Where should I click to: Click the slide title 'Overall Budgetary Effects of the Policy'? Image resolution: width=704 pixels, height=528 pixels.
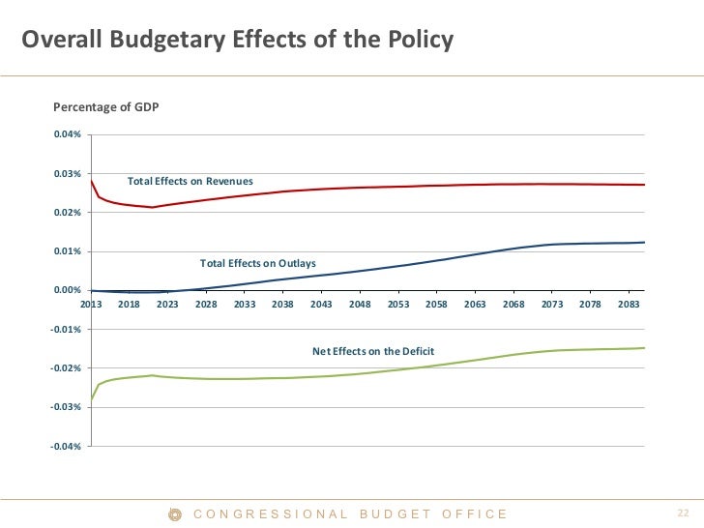(x=238, y=41)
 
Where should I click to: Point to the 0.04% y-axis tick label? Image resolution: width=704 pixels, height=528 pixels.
(x=68, y=134)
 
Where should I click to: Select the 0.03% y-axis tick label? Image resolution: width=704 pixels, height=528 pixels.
(x=68, y=174)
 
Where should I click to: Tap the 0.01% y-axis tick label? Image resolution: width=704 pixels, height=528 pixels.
(x=68, y=251)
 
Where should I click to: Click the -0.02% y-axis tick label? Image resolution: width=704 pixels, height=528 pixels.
(x=67, y=368)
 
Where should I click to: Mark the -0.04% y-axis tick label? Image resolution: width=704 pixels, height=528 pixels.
(x=67, y=446)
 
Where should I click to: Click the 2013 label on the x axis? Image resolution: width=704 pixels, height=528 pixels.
(x=91, y=304)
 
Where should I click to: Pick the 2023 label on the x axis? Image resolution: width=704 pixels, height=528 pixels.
(x=167, y=304)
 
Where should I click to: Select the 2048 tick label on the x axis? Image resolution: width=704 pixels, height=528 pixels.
(x=360, y=304)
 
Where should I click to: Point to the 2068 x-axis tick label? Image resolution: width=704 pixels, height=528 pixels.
(x=513, y=304)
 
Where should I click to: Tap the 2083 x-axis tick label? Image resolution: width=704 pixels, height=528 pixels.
(x=629, y=304)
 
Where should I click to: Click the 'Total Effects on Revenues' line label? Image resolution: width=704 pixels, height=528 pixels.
(x=191, y=181)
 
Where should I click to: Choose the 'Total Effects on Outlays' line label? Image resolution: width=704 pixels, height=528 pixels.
(x=258, y=262)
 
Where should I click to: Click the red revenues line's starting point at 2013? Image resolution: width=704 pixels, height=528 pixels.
(x=91, y=181)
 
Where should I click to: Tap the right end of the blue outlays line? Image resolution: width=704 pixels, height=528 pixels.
(x=644, y=243)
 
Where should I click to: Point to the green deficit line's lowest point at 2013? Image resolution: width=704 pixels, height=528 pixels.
(x=91, y=399)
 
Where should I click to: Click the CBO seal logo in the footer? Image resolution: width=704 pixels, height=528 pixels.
(x=175, y=514)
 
